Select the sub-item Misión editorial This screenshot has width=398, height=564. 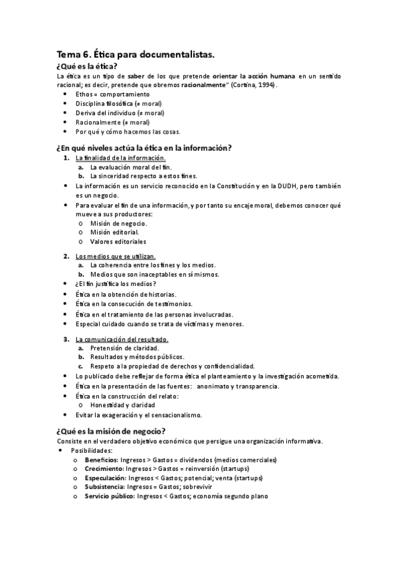coord(114,232)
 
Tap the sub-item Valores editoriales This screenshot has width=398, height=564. coord(118,241)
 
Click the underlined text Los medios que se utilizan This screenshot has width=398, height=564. coord(116,256)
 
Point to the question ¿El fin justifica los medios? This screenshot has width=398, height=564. coord(116,284)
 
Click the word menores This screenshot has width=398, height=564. coord(229,324)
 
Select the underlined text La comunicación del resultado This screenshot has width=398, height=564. coord(122,339)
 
